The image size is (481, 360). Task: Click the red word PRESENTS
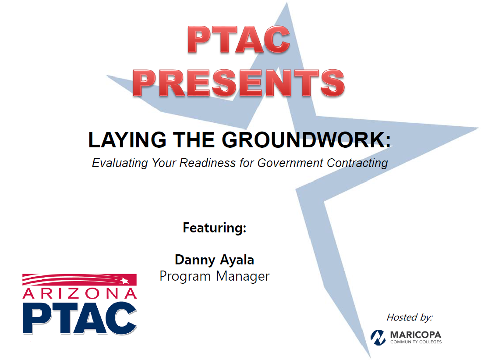tap(239, 83)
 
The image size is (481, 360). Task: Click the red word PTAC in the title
tap(239, 39)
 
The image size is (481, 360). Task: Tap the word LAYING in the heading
tap(127, 140)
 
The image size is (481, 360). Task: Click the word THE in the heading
tap(194, 140)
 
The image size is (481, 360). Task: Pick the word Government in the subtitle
tap(290, 163)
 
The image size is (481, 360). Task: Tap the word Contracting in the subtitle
tap(357, 163)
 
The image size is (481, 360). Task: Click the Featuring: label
tap(214, 228)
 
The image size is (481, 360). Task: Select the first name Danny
tap(195, 260)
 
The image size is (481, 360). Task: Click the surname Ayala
tap(237, 260)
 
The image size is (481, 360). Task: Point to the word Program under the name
tap(185, 276)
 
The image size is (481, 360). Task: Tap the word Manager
tap(243, 276)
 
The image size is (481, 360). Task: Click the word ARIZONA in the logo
tap(79, 293)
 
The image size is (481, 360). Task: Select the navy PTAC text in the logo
tap(79, 318)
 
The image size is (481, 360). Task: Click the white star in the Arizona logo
tap(124, 281)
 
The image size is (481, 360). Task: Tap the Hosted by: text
tap(410, 317)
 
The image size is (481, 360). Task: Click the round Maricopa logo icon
tap(378, 337)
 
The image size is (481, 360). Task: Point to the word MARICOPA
tap(416, 335)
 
